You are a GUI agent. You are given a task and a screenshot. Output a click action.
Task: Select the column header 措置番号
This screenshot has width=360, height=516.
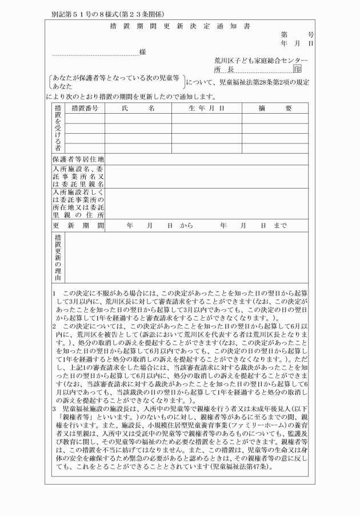click(x=85, y=108)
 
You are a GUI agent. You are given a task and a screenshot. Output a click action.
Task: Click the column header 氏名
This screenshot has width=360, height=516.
click(x=138, y=108)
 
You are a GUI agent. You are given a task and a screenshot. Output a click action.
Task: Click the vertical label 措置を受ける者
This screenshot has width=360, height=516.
click(x=58, y=128)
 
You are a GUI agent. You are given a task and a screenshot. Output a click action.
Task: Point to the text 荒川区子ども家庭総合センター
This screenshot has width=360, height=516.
click(x=261, y=60)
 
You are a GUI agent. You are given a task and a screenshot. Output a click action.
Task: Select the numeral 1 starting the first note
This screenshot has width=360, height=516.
click(x=52, y=293)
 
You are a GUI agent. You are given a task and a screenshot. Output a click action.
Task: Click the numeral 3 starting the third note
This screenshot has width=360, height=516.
click(x=52, y=409)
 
